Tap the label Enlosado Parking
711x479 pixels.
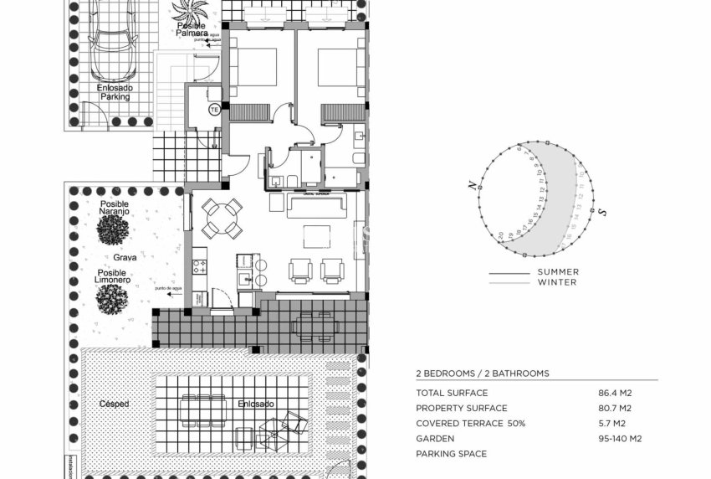(114, 91)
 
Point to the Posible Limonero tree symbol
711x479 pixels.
(111, 298)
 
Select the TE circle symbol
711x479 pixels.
(213, 110)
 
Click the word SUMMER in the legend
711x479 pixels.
(558, 272)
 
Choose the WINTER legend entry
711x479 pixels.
(557, 282)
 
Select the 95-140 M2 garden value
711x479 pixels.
(618, 438)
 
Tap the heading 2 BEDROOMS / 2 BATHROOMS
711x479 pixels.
(483, 373)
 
